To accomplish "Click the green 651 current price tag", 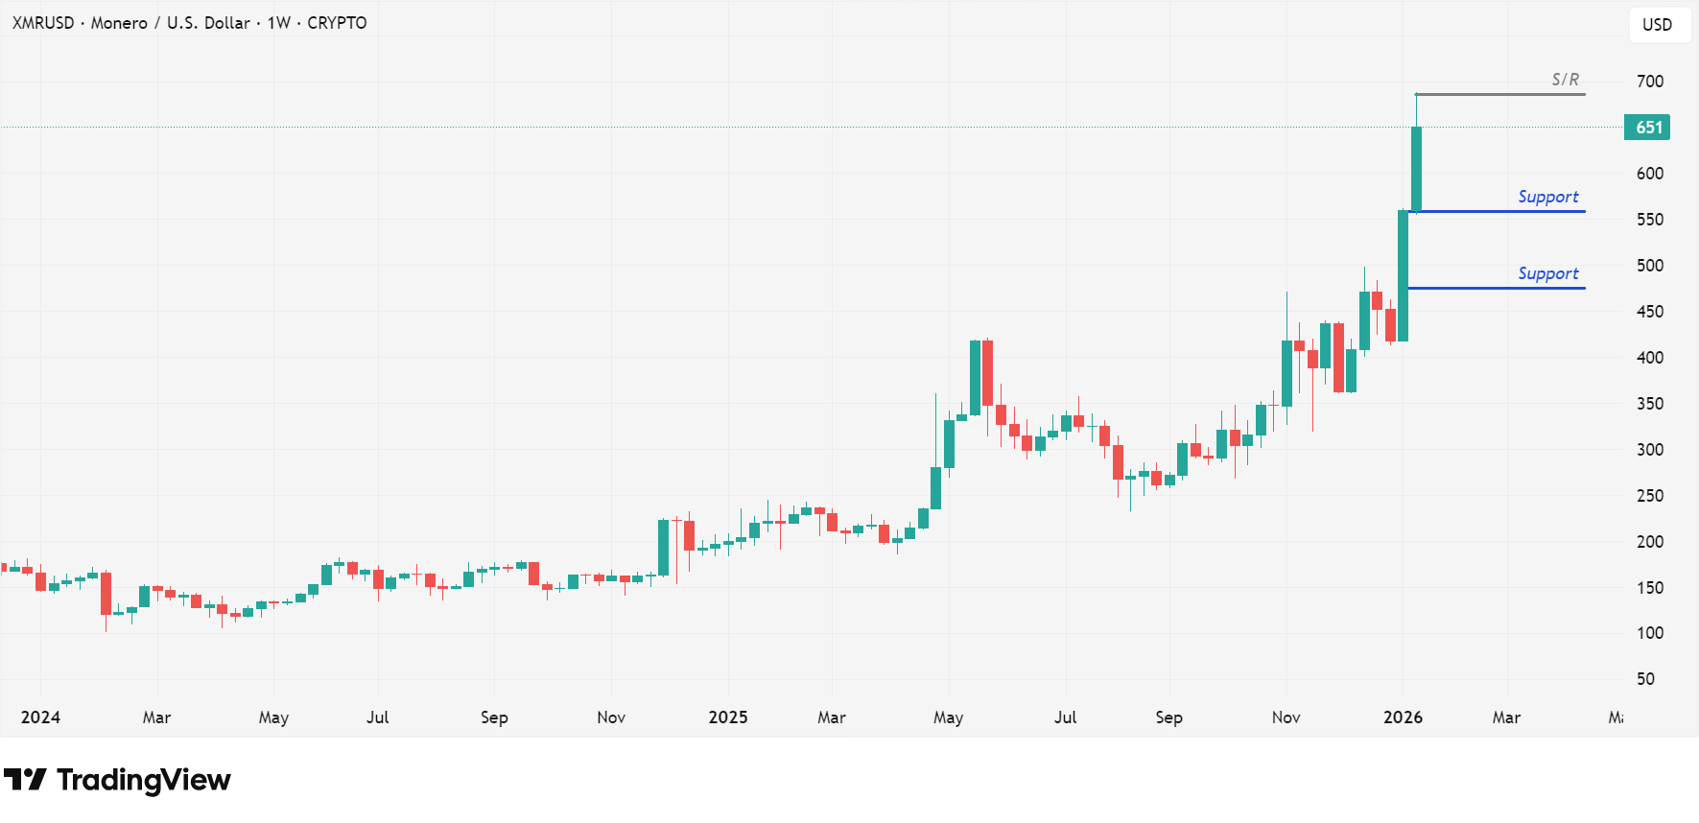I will coord(1646,128).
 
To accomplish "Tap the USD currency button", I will coord(1658,25).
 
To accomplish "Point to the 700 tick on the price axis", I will coord(1650,82).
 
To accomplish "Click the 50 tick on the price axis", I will coord(1645,679).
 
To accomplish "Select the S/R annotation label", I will coord(1565,80).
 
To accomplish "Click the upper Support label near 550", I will coord(1547,197).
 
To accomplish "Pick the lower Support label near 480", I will coord(1547,273).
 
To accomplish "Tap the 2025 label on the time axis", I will coord(727,717).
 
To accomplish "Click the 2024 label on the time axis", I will coord(40,717).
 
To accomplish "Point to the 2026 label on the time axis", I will coord(1403,717).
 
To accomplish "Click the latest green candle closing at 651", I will coord(1416,168).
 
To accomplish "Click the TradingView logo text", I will coord(144,780).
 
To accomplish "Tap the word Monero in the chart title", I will coord(119,23).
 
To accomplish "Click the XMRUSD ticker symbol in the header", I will coord(43,23).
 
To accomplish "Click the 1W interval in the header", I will coord(278,23).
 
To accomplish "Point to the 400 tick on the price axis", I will coord(1650,358).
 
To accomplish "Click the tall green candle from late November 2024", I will coord(663,547).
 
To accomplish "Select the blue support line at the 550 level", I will coord(1497,211).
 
